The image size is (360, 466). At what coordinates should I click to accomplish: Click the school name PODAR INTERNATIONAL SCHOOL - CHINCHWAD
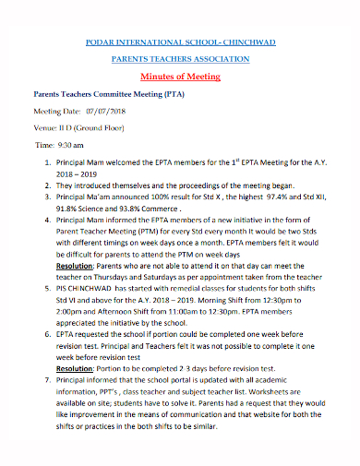pyautogui.click(x=180, y=43)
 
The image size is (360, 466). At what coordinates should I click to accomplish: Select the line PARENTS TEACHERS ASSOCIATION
pyautogui.click(x=180, y=59)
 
